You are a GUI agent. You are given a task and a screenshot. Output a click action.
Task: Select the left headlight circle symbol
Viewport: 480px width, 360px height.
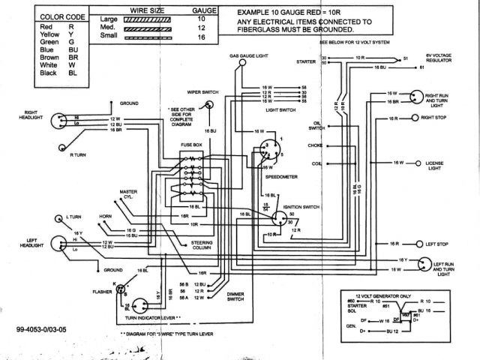click(x=60, y=243)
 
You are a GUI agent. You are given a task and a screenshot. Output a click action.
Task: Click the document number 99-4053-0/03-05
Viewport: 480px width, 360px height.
click(x=46, y=330)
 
